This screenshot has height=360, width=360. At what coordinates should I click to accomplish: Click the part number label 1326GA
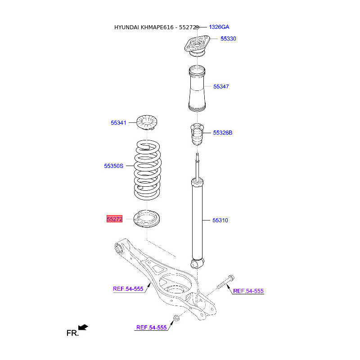pos(219,27)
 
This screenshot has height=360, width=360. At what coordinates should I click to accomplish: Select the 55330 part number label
pos(228,39)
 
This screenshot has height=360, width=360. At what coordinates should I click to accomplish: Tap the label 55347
pos(221,86)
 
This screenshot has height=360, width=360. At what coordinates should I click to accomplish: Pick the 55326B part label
pos(223,133)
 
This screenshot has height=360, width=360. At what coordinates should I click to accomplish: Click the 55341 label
pos(118,123)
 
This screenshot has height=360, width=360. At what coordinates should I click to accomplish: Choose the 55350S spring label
pos(114,166)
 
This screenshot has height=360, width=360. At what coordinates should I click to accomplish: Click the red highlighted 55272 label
pos(115,219)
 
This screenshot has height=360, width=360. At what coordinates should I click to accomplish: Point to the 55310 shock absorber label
pos(220,220)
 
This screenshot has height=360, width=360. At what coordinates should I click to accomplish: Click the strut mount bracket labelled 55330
pos(197,45)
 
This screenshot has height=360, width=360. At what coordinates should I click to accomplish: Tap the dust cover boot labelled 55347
pos(197,89)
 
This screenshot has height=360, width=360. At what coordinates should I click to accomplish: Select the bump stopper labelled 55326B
pos(197,134)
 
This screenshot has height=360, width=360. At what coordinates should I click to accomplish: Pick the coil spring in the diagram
pos(147,170)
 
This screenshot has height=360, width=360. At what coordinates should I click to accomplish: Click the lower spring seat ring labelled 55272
pos(147,219)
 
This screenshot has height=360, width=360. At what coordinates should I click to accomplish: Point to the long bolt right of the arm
pos(225,283)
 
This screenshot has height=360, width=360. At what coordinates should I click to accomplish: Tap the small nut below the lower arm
pos(176,318)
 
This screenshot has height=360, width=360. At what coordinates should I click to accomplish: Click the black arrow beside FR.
pos(83,327)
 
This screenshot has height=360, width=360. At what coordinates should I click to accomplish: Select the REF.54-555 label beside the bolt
pos(248,291)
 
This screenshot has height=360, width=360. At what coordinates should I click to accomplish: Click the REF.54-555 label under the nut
pos(152,328)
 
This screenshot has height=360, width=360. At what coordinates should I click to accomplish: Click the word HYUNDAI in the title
pos(126,27)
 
